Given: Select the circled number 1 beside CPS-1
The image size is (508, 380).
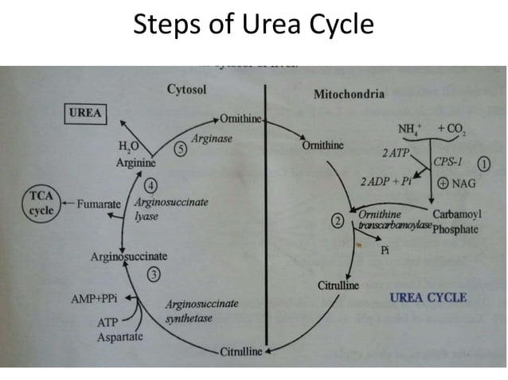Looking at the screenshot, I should (x=483, y=163).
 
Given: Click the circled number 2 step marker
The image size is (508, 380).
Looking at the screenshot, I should (x=339, y=220).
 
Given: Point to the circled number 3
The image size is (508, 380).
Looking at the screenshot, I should (x=154, y=275).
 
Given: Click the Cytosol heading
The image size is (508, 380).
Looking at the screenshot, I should (x=186, y=90).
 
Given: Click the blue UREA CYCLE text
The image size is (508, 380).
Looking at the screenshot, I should (x=428, y=298).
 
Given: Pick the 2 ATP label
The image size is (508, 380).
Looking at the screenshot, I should (x=395, y=151).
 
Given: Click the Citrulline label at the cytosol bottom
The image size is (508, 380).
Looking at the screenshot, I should (x=241, y=351).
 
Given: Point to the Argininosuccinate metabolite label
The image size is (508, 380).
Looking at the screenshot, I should (x=128, y=257).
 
